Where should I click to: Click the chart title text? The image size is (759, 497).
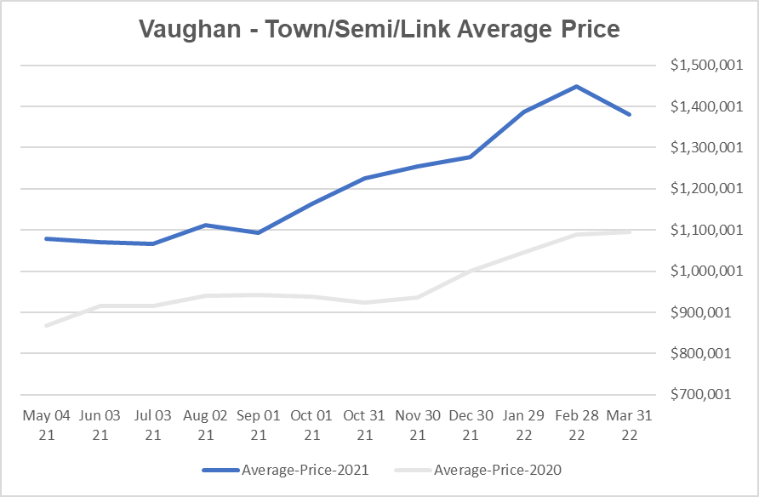[379, 30]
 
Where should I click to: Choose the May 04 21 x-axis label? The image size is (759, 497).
[47, 425]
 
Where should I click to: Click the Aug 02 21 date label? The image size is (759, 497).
[205, 425]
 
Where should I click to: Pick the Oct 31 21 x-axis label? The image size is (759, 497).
[364, 425]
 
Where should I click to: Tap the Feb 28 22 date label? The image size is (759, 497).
[576, 425]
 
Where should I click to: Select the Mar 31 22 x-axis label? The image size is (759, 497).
[630, 425]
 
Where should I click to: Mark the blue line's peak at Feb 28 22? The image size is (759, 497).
[576, 86]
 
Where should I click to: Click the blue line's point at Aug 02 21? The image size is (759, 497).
[205, 225]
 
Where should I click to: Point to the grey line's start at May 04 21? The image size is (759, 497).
[47, 325]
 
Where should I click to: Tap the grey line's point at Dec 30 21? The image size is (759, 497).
[471, 271]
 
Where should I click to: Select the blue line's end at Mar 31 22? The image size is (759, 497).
[630, 114]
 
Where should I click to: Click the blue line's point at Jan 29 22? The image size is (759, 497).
[523, 111]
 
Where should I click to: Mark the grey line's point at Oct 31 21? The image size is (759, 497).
[364, 302]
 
